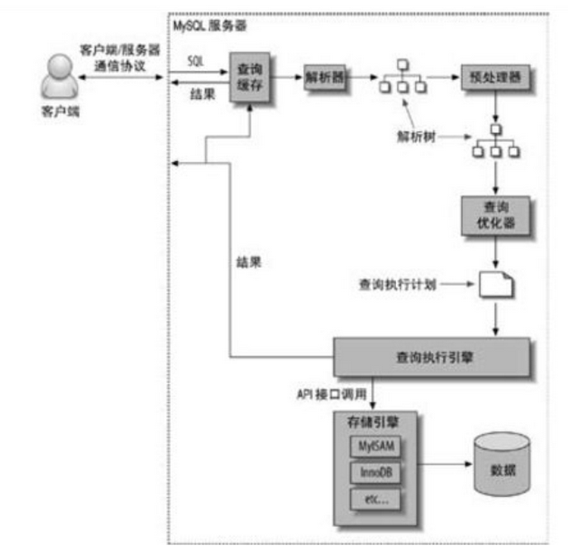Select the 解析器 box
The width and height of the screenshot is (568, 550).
325,78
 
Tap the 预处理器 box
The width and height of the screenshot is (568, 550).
494,78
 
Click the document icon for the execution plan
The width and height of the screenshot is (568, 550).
495,285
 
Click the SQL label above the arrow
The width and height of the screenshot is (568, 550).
197,63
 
